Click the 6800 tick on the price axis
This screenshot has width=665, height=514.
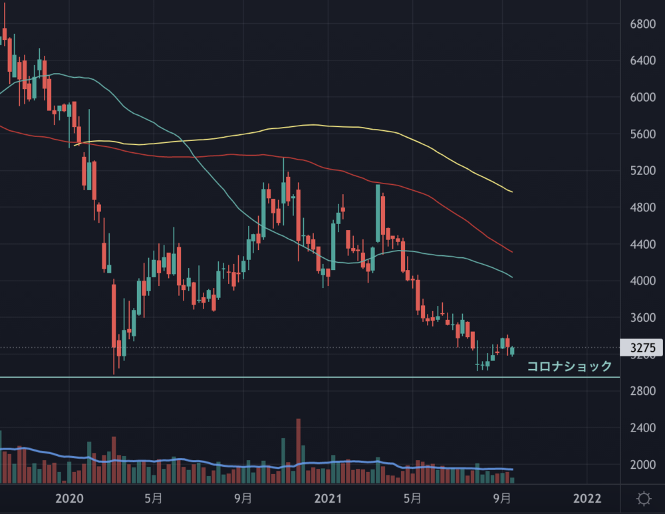pos(642,24)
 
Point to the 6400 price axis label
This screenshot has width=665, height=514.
pos(642,61)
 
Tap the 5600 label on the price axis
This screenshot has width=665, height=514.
pos(642,134)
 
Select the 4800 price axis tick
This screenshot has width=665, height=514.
pos(642,207)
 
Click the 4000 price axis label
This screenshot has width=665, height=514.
pos(642,281)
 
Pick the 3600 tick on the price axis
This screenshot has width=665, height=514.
pos(642,318)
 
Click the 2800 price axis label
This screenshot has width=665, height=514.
pos(642,391)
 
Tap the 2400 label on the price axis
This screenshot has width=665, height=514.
pos(642,428)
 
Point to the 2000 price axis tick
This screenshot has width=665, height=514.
pos(642,464)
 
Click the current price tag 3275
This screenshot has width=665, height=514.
pos(642,348)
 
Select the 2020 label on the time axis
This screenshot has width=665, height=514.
pos(69,499)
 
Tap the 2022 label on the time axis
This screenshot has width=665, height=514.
pos(587,499)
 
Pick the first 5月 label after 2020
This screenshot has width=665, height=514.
pos(153,499)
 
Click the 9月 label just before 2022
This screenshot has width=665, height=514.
pos(503,499)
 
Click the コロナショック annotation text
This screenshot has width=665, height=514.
pos(569,366)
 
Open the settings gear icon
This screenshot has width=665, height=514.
pos(643,499)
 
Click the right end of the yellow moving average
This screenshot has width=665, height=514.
pos(511,192)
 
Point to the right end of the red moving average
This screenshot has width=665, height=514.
pos(511,252)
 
